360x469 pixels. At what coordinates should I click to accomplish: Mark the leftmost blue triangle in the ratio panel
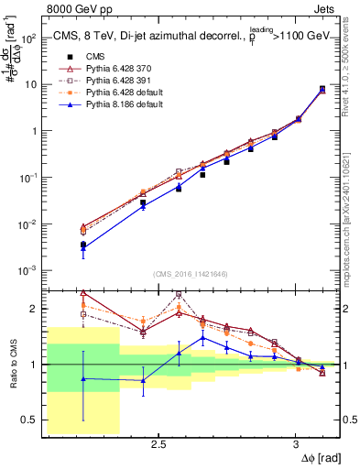83,378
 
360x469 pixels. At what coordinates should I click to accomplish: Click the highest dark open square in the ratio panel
180,294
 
